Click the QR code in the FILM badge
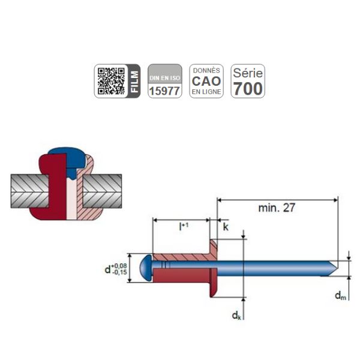tap(111, 81)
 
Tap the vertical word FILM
tap(134, 81)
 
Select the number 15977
tap(164, 91)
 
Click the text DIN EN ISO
tap(164, 78)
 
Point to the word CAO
tap(206, 81)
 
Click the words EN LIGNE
tap(206, 92)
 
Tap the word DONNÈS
tap(206, 70)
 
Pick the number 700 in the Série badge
tap(248, 89)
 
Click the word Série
tap(248, 73)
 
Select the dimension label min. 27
tap(277, 208)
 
